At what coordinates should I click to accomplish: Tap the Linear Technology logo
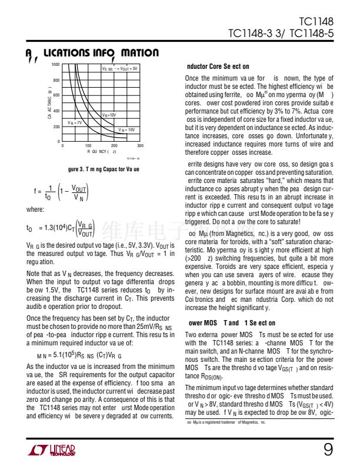(51, 451)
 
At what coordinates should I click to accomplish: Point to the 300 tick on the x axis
(140, 145)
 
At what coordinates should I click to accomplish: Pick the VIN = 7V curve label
(75, 122)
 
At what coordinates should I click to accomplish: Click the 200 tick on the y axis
(56, 127)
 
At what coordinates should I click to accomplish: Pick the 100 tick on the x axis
(88, 145)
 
